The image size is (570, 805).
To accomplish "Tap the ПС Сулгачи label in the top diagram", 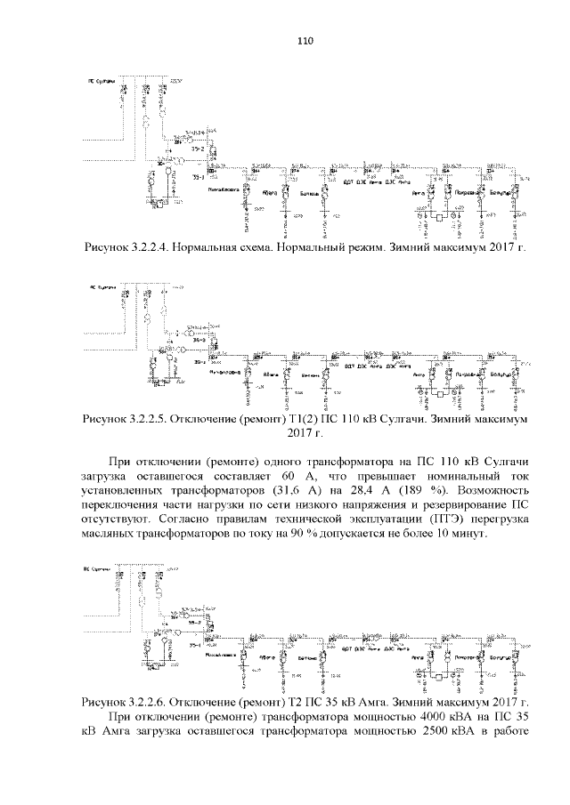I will tap(102, 81).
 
